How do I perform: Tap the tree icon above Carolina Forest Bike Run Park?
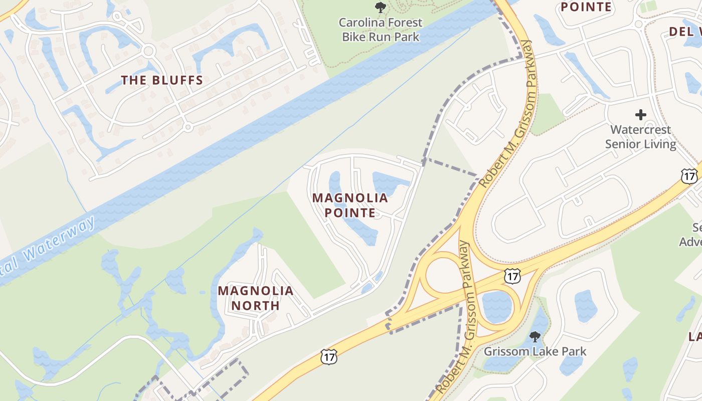381,8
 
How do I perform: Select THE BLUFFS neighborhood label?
162,80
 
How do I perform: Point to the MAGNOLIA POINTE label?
350,205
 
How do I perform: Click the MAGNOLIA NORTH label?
256,298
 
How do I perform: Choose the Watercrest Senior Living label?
640,137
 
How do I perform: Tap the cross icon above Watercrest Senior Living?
640,115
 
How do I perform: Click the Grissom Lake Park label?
535,351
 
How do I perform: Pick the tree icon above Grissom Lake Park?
535,336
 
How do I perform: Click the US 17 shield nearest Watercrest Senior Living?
689,176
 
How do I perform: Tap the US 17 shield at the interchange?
512,275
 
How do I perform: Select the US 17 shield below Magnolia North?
329,357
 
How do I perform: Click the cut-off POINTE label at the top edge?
586,7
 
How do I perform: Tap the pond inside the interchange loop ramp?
496,306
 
